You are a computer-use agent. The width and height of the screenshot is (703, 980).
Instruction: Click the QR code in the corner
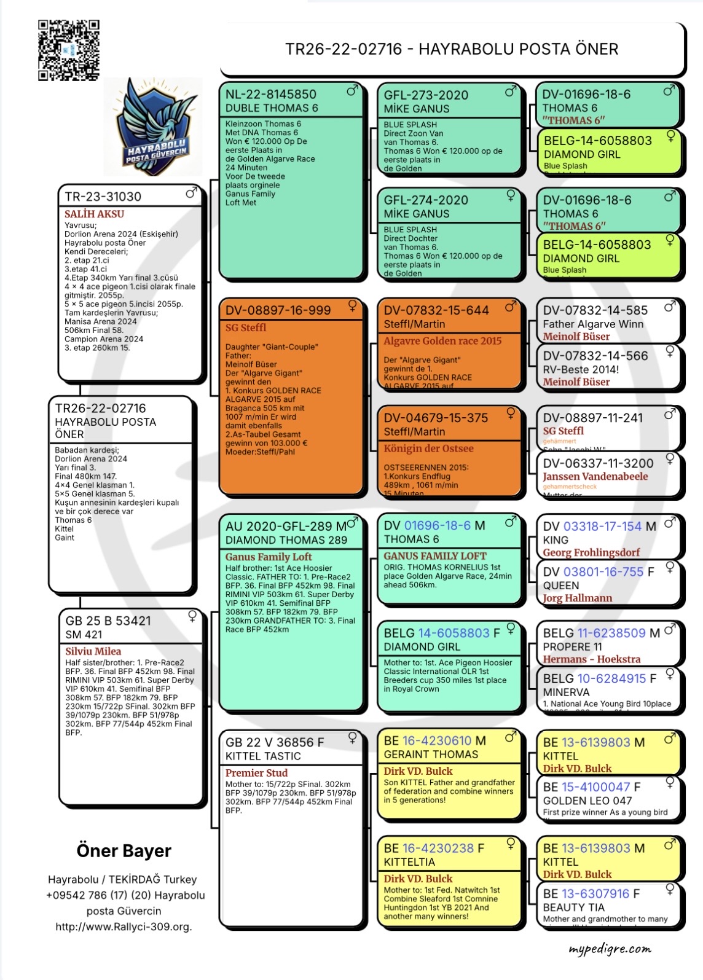pyautogui.click(x=68, y=50)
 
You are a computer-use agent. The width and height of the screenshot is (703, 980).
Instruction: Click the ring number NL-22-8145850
pyautogui.click(x=270, y=95)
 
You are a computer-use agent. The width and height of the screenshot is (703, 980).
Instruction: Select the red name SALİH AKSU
pyautogui.click(x=94, y=214)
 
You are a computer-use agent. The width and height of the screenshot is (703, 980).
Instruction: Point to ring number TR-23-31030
pyautogui.click(x=103, y=197)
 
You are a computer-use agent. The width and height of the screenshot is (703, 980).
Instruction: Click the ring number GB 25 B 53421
pyautogui.click(x=108, y=621)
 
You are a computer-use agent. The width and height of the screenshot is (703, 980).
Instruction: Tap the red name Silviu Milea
pyautogui.click(x=93, y=651)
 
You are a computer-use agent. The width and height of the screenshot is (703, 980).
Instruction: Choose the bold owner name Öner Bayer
pyautogui.click(x=124, y=851)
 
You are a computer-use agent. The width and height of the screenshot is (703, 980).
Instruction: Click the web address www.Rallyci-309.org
pyautogui.click(x=124, y=927)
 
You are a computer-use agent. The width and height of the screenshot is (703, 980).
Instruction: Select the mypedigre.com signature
pyautogui.click(x=609, y=949)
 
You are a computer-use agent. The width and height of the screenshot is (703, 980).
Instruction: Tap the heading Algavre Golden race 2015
pyautogui.click(x=442, y=341)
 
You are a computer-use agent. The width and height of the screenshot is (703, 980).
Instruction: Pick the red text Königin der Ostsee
pyautogui.click(x=428, y=449)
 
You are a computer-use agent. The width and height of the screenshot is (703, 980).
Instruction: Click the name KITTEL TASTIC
pyautogui.click(x=263, y=756)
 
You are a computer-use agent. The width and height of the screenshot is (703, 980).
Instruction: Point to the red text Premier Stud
pyautogui.click(x=256, y=773)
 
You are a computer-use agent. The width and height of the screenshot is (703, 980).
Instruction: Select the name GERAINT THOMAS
pyautogui.click(x=431, y=755)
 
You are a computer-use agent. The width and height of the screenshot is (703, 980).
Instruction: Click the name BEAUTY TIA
pyautogui.click(x=573, y=907)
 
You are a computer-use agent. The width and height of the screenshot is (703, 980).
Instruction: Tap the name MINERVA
pyautogui.click(x=566, y=692)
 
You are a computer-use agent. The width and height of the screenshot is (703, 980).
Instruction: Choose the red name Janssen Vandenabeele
pyautogui.click(x=595, y=476)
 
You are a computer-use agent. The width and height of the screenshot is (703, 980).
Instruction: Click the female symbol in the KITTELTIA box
pyautogui.click(x=510, y=844)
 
